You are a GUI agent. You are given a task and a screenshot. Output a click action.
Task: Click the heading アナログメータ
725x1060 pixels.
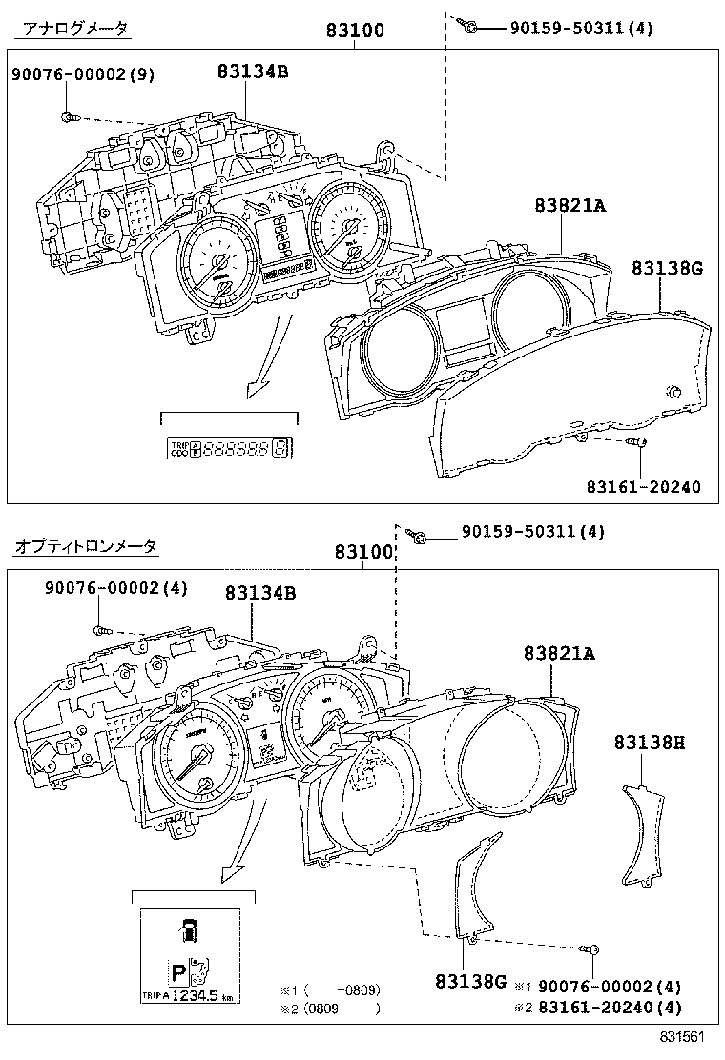click(71, 29)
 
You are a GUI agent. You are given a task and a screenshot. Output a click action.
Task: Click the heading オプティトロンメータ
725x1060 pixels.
click(86, 546)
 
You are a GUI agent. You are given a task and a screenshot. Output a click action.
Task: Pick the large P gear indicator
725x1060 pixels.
click(177, 972)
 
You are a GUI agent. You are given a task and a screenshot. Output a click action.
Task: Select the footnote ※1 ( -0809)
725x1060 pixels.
click(330, 989)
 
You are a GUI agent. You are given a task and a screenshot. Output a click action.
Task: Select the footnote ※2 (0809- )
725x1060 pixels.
click(330, 1008)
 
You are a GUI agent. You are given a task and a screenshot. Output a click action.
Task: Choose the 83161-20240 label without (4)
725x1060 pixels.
click(643, 487)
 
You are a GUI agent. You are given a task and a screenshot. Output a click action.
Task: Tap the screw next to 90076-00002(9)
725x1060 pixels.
click(68, 117)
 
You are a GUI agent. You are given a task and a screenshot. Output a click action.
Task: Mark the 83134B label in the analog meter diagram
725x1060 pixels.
click(252, 71)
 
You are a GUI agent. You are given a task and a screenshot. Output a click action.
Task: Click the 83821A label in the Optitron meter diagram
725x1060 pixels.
click(558, 653)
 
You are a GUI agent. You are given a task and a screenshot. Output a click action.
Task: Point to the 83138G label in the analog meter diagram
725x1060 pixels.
click(666, 269)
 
